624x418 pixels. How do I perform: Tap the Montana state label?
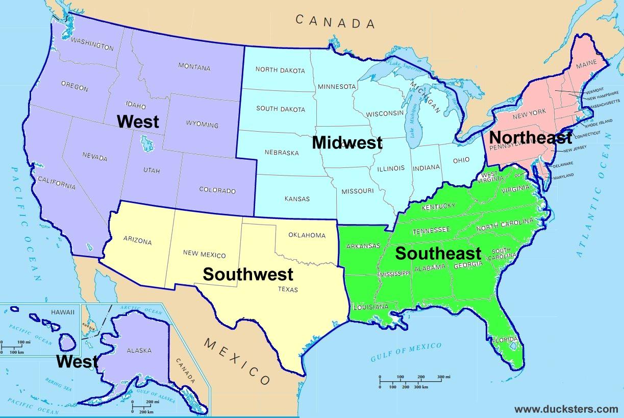(x=194, y=66)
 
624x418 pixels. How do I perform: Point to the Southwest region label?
(x=248, y=274)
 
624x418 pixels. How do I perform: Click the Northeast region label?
(x=531, y=137)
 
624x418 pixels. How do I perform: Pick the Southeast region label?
(x=438, y=253)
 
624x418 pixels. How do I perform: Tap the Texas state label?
(x=287, y=289)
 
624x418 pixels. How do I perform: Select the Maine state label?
(x=586, y=66)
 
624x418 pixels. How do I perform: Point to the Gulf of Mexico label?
(x=406, y=352)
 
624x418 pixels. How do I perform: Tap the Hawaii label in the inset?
(x=62, y=312)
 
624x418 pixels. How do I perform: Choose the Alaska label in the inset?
(x=139, y=351)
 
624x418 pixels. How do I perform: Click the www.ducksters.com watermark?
(x=566, y=409)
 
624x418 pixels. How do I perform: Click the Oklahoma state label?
(x=307, y=235)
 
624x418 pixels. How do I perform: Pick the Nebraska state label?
(x=282, y=152)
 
